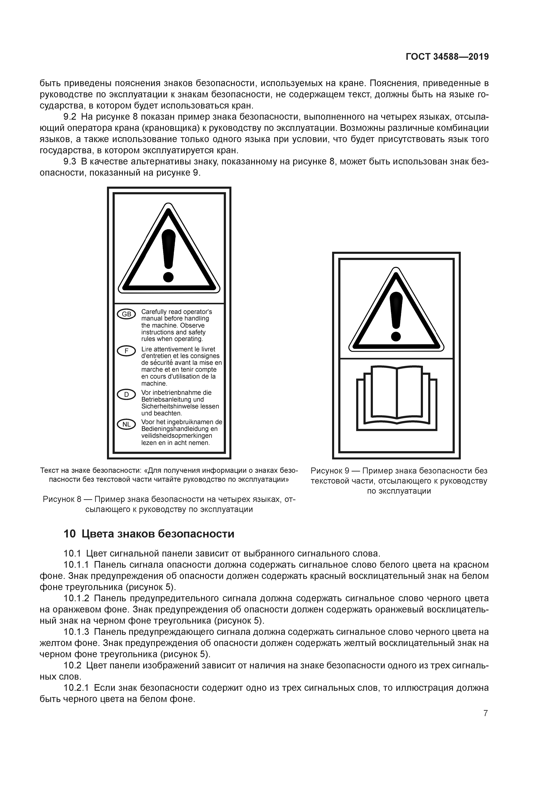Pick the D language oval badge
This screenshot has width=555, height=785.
tap(126, 395)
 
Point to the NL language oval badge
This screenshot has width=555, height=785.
tap(126, 424)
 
